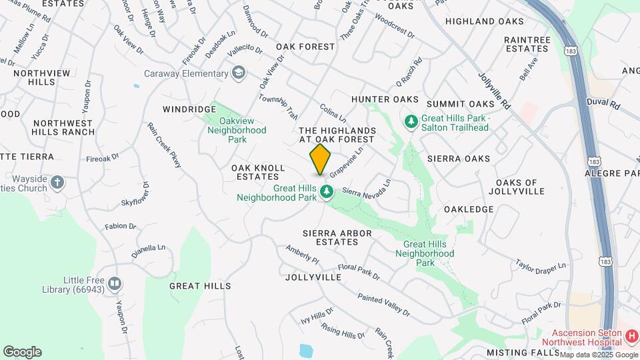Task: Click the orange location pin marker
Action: (x=320, y=159)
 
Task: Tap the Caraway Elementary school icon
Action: (x=239, y=73)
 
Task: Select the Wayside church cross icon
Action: (x=58, y=182)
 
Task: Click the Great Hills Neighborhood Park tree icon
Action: (x=327, y=193)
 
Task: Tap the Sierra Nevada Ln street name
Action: (x=366, y=186)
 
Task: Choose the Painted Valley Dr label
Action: (x=383, y=305)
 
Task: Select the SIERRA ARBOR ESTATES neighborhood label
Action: (x=337, y=238)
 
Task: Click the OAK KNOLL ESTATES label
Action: (x=258, y=172)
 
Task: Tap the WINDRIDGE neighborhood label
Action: (x=189, y=109)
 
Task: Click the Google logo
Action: (x=23, y=351)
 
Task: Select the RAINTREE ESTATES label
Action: (x=527, y=44)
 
